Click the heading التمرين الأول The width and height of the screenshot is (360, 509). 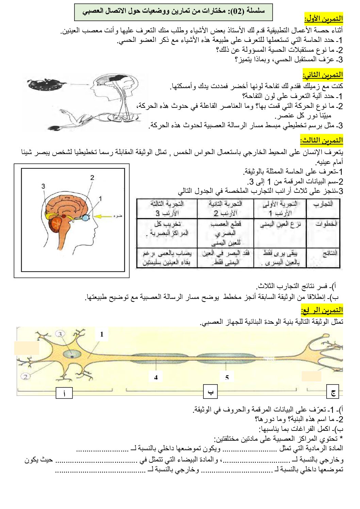[323, 18]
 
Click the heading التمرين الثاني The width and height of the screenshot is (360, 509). [323, 74]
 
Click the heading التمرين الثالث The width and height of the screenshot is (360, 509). [321, 140]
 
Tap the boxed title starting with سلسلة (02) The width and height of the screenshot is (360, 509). [174, 12]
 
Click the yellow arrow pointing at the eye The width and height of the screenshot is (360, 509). [102, 216]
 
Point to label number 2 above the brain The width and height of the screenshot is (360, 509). [92, 177]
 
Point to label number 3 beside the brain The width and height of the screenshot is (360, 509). [43, 186]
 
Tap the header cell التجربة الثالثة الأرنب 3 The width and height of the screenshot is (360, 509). [167, 208]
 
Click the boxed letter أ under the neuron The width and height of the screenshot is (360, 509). [64, 393]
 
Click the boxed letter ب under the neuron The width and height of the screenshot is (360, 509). [211, 391]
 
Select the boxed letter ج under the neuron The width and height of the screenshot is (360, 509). [333, 391]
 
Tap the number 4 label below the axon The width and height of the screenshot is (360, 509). [156, 377]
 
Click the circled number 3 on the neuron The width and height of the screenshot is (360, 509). [60, 334]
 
